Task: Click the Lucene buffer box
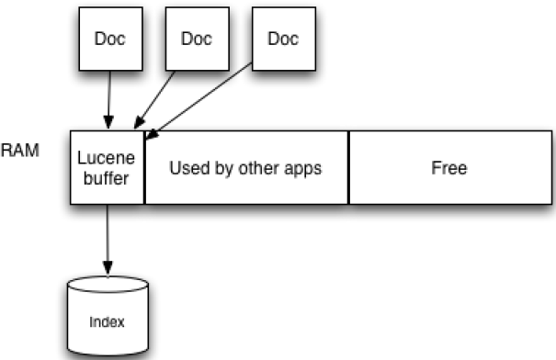click(x=108, y=167)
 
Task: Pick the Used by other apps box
click(x=246, y=168)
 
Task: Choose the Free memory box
click(x=449, y=168)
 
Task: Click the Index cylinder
click(x=108, y=318)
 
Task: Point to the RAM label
click(x=20, y=151)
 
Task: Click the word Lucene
click(x=108, y=159)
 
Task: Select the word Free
click(x=449, y=168)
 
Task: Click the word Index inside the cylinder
click(x=108, y=321)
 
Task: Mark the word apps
click(x=302, y=169)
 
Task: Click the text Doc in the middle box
click(x=196, y=39)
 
